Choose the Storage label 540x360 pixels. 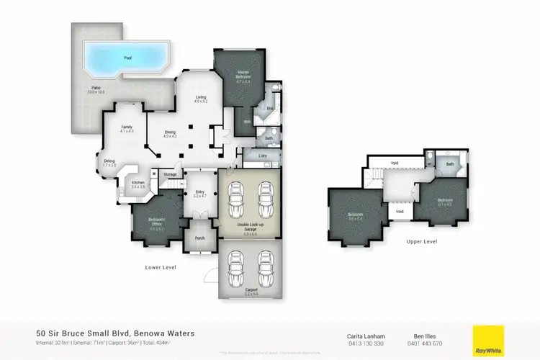[x=170, y=174]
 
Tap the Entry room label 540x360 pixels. [x=199, y=193]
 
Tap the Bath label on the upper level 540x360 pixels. [x=451, y=164]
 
